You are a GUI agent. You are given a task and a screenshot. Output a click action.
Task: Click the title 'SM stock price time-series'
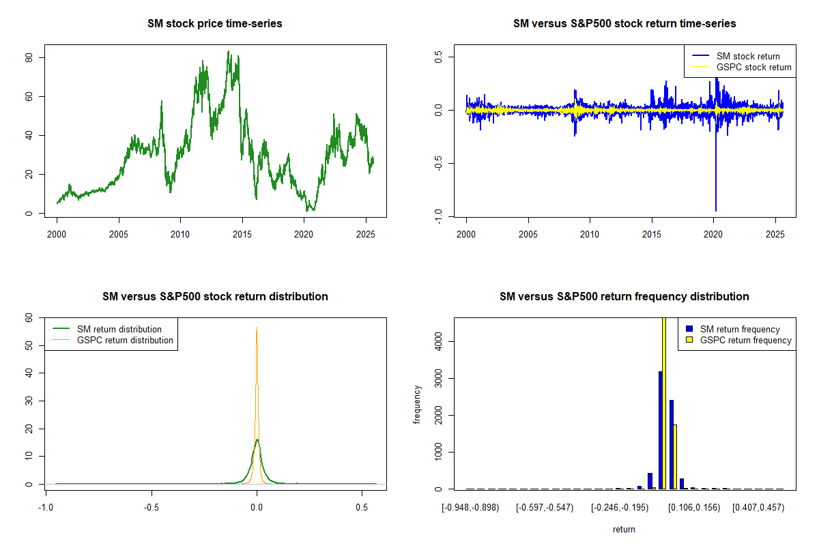pyautogui.click(x=215, y=24)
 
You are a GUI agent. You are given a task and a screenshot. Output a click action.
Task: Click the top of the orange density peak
pyautogui.click(x=257, y=328)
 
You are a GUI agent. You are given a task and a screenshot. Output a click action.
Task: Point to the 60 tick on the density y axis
pyautogui.click(x=29, y=318)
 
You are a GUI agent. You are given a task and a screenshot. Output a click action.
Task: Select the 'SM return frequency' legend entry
pyautogui.click(x=740, y=329)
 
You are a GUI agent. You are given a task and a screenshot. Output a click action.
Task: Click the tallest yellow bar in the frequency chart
pyautogui.click(x=663, y=403)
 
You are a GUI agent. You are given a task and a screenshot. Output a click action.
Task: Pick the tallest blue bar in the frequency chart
pyautogui.click(x=660, y=430)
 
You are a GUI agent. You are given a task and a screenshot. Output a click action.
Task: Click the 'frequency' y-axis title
pyautogui.click(x=417, y=405)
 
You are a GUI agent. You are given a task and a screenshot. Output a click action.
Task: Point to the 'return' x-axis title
pyautogui.click(x=624, y=529)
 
